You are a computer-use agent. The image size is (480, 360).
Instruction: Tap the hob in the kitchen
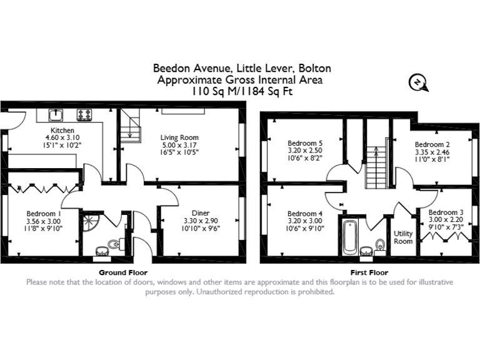[84, 115]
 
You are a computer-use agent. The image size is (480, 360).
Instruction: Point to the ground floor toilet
[114, 242]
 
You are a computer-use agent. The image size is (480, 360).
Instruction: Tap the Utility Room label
[403, 237]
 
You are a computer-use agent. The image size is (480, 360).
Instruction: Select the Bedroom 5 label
[304, 142]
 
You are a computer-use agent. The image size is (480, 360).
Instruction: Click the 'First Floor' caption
[369, 272]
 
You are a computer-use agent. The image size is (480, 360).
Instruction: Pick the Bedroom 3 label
[446, 212]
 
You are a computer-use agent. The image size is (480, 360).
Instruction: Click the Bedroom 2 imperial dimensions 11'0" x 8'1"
[432, 159]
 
